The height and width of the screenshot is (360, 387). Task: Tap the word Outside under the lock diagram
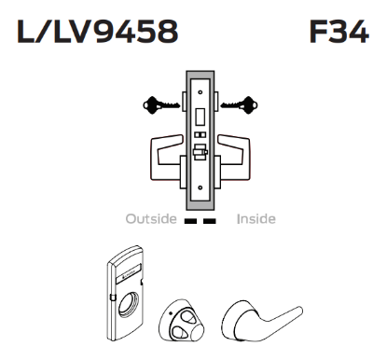149,220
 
